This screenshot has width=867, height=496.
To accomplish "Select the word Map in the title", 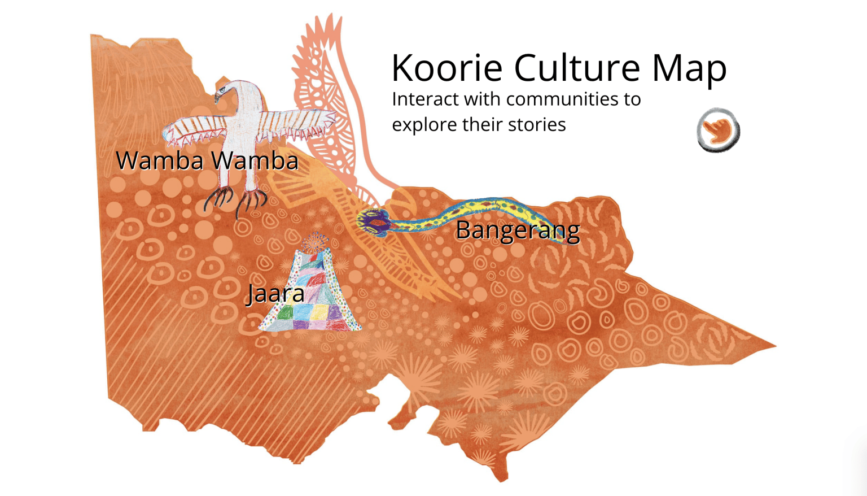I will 689,69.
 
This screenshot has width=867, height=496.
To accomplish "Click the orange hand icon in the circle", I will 718,130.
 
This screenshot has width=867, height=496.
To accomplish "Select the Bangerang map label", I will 518,230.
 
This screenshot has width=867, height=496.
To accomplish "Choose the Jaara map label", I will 275,294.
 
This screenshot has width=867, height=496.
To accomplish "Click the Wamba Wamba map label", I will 207,161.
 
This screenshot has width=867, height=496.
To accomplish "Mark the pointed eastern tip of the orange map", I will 774,346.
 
